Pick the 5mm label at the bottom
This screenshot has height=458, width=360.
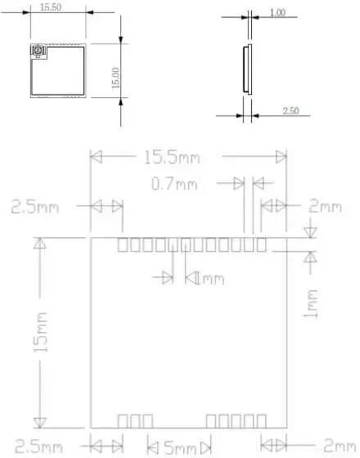178,447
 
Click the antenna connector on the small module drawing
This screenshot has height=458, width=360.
38,55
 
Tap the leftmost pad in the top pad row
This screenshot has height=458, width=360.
124,245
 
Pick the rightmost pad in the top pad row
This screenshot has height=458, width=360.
261,245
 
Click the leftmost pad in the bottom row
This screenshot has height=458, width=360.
123,420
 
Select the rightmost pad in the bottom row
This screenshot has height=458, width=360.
259,420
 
